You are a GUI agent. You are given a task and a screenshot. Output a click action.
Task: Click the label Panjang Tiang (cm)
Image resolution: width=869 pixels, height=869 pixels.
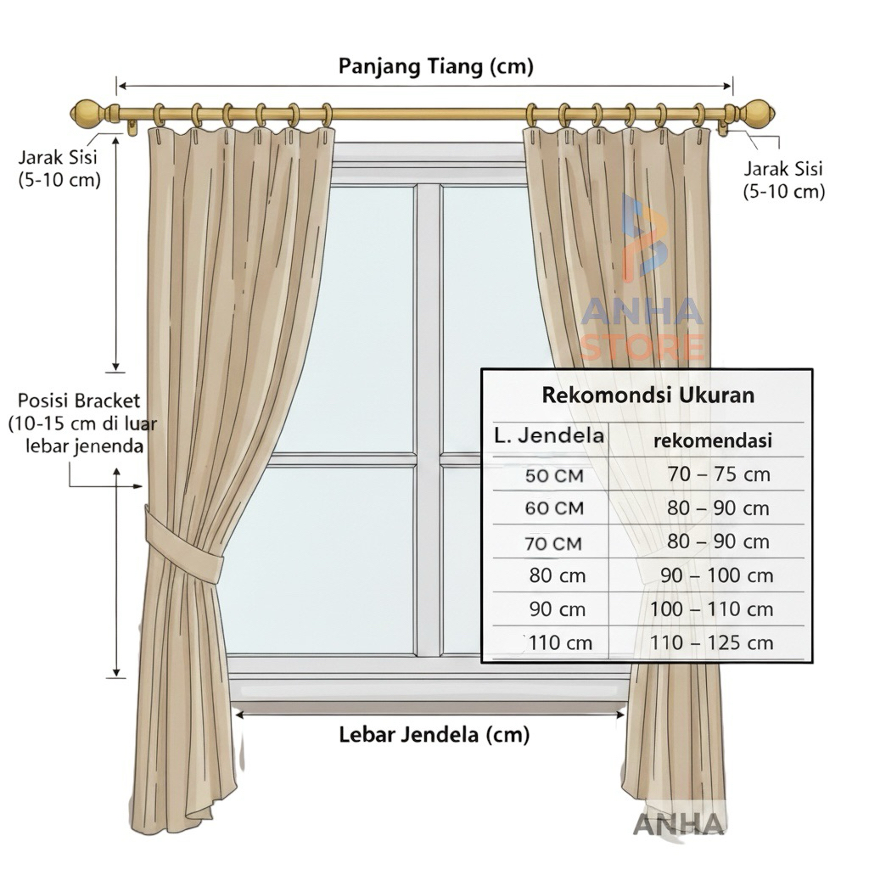[435, 66]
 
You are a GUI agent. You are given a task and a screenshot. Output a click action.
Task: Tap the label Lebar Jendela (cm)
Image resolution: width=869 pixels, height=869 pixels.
[434, 734]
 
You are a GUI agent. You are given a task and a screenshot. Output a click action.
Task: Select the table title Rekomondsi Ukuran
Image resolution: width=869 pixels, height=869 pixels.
[648, 395]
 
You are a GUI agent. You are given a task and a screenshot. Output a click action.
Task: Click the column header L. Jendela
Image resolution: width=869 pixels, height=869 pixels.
[550, 436]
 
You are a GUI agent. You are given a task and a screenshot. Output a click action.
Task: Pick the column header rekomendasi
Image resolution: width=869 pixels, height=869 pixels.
[712, 441]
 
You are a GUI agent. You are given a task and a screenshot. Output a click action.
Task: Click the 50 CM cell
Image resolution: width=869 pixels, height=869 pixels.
[554, 476]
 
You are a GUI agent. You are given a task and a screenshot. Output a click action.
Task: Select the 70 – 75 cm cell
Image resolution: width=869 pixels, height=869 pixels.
[719, 474]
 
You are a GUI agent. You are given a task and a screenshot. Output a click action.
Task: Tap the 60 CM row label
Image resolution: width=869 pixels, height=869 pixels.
[554, 509]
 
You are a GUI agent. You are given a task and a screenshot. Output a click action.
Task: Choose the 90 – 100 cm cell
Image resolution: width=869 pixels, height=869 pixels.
[717, 575]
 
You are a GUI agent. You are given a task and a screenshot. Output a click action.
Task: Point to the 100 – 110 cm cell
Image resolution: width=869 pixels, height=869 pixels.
[711, 609]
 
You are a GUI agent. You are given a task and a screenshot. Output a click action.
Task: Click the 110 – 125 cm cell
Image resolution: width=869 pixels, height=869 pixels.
[711, 643]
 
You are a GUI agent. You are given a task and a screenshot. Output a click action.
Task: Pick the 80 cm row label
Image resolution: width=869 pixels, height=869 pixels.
[558, 575]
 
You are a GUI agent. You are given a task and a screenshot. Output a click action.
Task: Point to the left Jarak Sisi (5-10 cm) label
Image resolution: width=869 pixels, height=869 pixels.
[59, 168]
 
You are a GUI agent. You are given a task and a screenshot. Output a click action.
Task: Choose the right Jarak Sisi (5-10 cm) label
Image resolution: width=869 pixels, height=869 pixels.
[783, 181]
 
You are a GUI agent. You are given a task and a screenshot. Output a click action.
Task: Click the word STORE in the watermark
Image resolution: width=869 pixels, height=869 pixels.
[642, 347]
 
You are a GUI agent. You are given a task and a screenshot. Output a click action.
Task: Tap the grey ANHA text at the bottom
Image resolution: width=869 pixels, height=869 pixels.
[679, 824]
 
